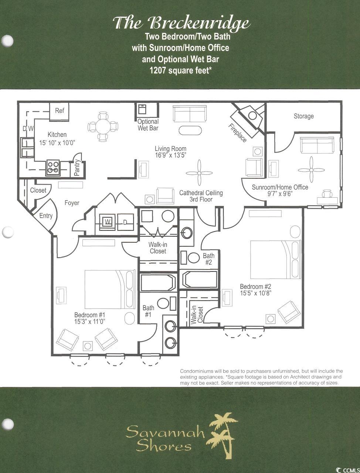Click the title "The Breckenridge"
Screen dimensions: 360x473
click(181, 24)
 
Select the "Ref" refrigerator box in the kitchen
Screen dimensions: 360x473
click(60, 111)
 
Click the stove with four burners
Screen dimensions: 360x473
click(53, 168)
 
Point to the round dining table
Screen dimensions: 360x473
click(103, 127)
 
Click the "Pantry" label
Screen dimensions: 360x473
click(77, 168)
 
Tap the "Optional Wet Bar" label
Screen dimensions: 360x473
click(148, 125)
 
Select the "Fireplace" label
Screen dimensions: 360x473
click(237, 133)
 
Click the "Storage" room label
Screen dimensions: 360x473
click(303, 116)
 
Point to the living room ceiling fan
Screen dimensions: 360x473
click(199, 173)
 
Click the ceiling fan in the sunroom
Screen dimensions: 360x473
click(311, 170)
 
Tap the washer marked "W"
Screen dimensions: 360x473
click(107, 221)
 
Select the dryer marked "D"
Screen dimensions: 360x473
click(125, 221)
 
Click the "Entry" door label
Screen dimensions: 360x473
click(46, 216)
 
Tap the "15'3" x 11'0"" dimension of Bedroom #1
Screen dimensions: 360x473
click(89, 322)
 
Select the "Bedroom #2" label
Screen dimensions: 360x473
click(255, 287)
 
